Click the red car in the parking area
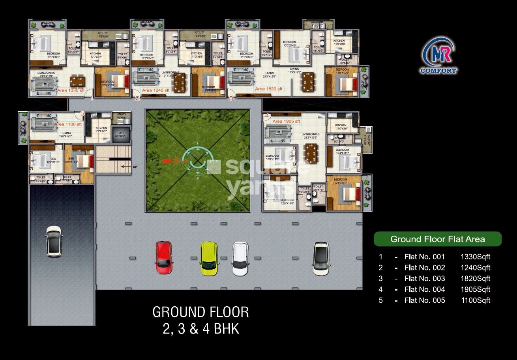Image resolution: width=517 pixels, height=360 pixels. tap(163, 257)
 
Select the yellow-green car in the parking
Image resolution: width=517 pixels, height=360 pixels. tap(209, 258)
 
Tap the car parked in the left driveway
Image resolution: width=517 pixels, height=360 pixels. tap(54, 242)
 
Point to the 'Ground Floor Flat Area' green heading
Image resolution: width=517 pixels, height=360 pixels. tap(437, 239)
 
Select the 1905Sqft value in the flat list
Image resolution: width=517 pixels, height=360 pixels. tap(475, 289)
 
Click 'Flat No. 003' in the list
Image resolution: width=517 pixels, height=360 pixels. tap(424, 278)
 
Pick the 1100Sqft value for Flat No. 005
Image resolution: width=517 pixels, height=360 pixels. tap(475, 300)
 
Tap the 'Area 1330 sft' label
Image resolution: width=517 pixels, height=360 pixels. tap(71, 90)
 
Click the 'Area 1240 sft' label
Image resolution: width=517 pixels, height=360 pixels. tap(155, 90)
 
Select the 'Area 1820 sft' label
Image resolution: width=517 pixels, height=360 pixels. tap(268, 89)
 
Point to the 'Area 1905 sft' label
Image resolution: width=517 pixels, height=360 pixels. tap(286, 121)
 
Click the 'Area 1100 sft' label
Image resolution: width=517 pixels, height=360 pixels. tap(68, 124)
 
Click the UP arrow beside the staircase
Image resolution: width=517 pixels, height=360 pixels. tap(126, 167)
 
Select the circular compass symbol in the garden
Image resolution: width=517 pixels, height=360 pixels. tap(197, 160)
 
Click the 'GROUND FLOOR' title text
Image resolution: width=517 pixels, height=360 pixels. tap(200, 312)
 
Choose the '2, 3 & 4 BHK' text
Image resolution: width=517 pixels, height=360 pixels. tap(200, 329)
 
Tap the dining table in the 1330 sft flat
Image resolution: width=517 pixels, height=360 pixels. tap(77, 81)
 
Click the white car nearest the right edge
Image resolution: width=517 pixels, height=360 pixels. tap(321, 259)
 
